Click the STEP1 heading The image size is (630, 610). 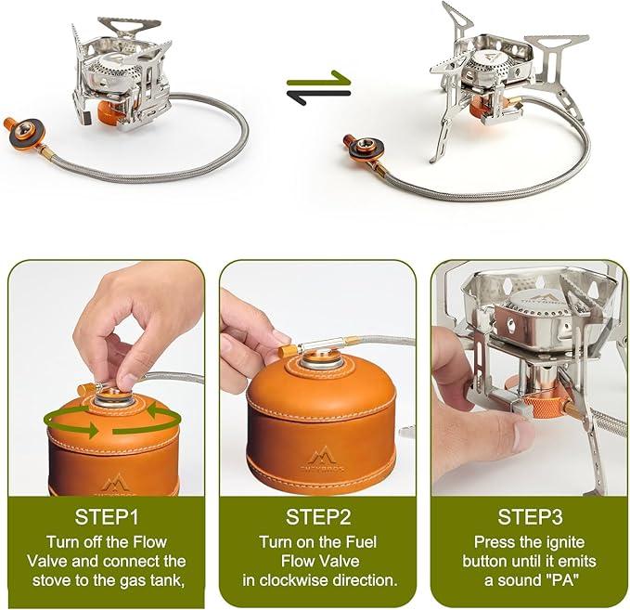(x=107, y=517)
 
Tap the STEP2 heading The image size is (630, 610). (x=318, y=517)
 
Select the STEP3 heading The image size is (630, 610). (x=530, y=517)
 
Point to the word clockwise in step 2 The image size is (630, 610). (x=304, y=580)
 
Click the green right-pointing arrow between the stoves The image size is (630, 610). (x=318, y=78)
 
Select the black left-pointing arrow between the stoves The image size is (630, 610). (x=318, y=97)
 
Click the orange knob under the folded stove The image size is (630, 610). (x=108, y=111)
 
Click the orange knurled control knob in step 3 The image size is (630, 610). (x=545, y=407)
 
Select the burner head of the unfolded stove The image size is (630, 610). (x=493, y=64)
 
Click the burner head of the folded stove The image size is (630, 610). (x=115, y=66)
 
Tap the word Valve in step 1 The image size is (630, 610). (x=45, y=562)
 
